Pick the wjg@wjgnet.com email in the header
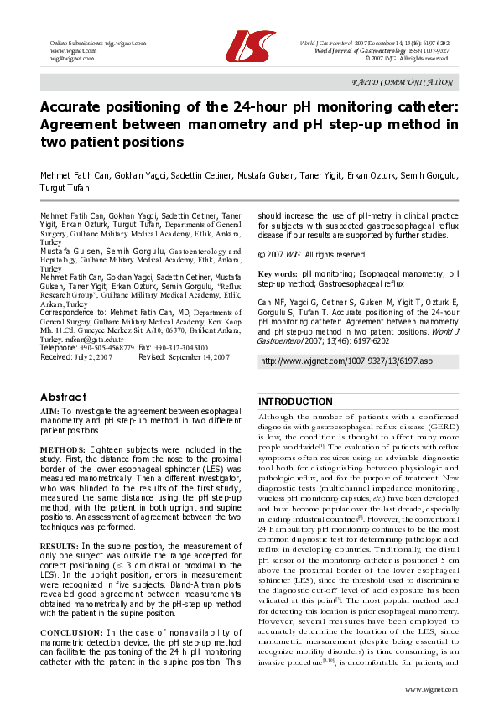73,59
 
